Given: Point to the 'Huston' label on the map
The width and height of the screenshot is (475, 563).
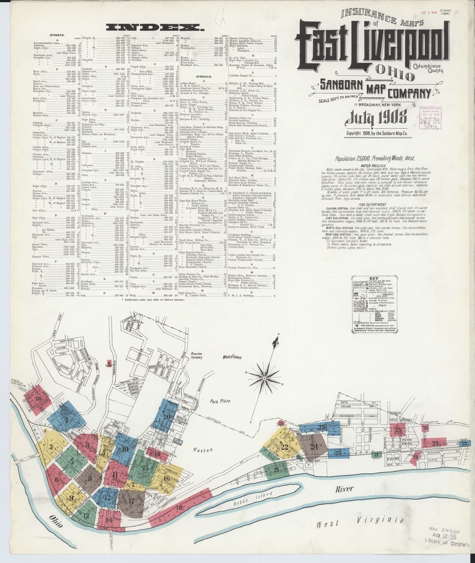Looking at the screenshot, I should [203, 450].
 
